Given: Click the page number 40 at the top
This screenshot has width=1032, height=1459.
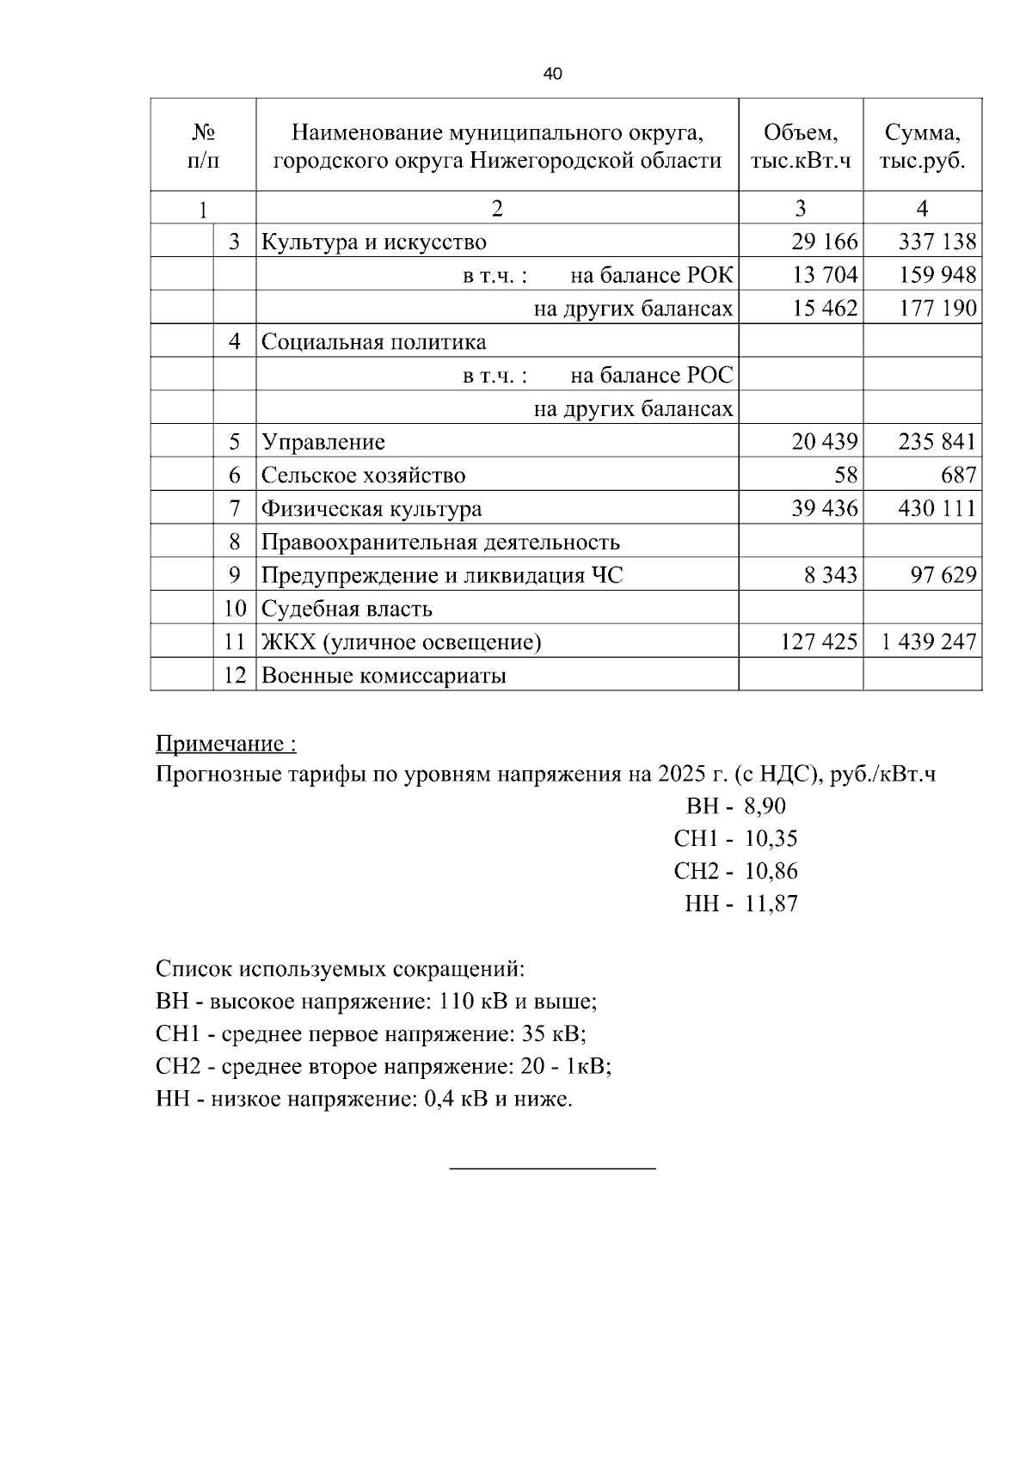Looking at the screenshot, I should pyautogui.click(x=553, y=75).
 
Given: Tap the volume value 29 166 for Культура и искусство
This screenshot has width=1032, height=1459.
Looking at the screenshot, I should pyautogui.click(x=824, y=242).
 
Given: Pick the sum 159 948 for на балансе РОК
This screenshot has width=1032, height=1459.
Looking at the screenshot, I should pyautogui.click(x=937, y=275).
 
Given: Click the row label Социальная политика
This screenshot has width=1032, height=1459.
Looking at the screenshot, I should pyautogui.click(x=373, y=342).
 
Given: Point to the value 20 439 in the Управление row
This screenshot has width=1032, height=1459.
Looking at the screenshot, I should pyautogui.click(x=824, y=442).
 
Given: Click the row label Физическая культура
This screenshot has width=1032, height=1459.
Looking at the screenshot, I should pyautogui.click(x=372, y=509).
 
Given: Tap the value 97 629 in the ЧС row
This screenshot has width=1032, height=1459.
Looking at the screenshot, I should pyautogui.click(x=943, y=575).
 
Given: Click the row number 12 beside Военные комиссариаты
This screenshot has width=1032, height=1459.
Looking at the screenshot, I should pyautogui.click(x=235, y=676).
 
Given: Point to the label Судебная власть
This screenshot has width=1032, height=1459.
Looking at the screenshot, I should pyautogui.click(x=347, y=610).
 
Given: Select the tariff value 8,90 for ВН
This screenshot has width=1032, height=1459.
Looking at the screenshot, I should pyautogui.click(x=765, y=806).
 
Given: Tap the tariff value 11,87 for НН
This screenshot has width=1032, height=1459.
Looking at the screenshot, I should pyautogui.click(x=771, y=904).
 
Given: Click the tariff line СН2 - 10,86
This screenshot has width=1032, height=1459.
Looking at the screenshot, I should pyautogui.click(x=735, y=871).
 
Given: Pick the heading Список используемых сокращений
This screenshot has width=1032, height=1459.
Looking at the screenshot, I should pyautogui.click(x=340, y=969).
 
